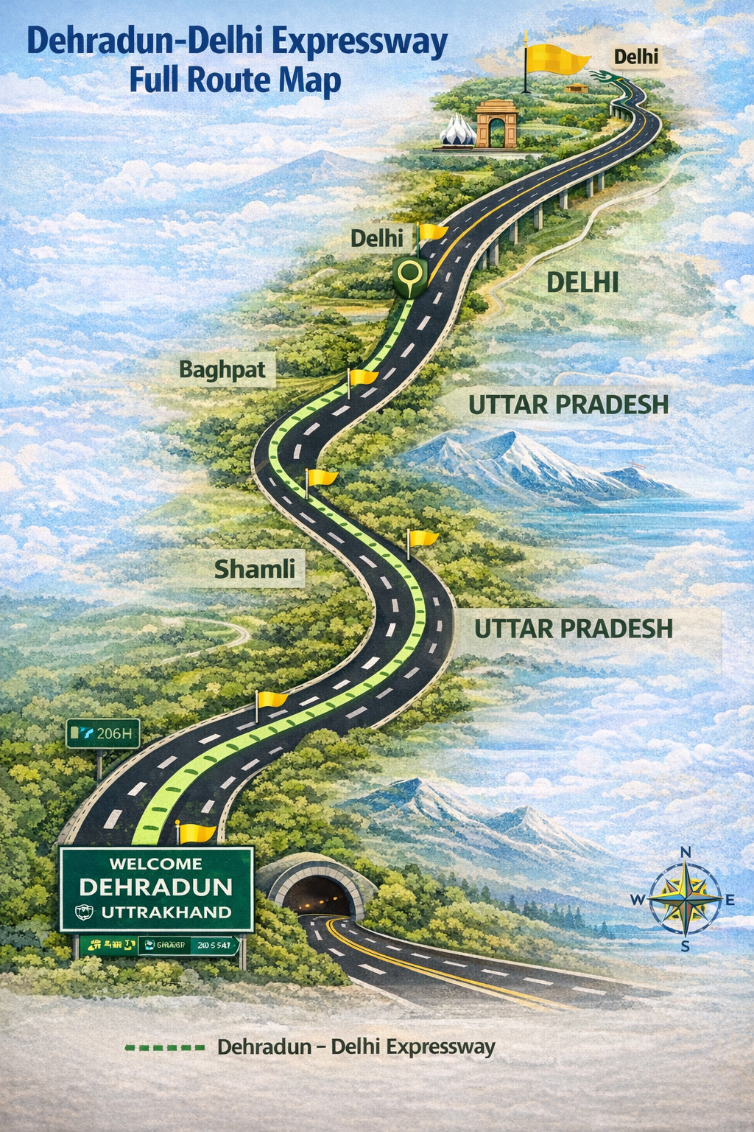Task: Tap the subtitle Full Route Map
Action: coord(235,80)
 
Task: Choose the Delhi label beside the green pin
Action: coord(376,238)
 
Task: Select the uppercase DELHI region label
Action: coord(582,282)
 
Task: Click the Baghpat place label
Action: coord(222,369)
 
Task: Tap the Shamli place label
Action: coord(254,569)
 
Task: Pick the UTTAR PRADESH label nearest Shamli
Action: coord(573,629)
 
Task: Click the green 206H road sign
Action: coord(103,734)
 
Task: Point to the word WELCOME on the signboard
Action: coord(155,863)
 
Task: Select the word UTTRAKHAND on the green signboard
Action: coord(166,912)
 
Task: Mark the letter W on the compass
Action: coord(638,900)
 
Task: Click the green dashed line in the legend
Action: coord(165,1047)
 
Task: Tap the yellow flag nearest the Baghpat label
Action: coord(363,377)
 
